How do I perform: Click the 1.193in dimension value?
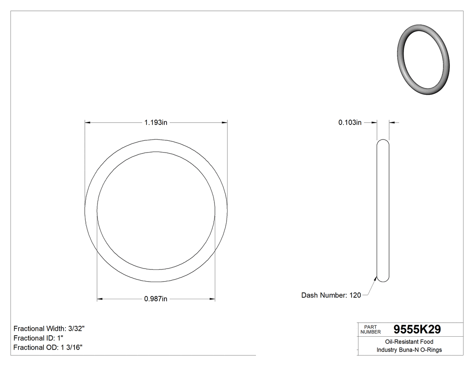click(x=156, y=122)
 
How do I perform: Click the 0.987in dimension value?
click(x=156, y=299)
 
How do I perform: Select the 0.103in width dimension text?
click(x=350, y=122)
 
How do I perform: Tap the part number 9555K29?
click(x=417, y=329)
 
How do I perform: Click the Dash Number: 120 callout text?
click(x=331, y=295)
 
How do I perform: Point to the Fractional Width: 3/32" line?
click(x=49, y=329)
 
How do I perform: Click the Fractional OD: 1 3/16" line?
click(x=48, y=347)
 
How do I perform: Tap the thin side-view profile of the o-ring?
click(x=382, y=211)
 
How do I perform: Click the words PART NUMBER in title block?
click(x=371, y=329)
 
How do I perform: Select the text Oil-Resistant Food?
click(x=409, y=342)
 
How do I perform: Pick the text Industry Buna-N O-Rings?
click(x=409, y=350)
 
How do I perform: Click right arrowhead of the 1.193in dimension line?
click(x=224, y=122)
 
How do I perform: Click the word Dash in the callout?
click(x=310, y=295)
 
